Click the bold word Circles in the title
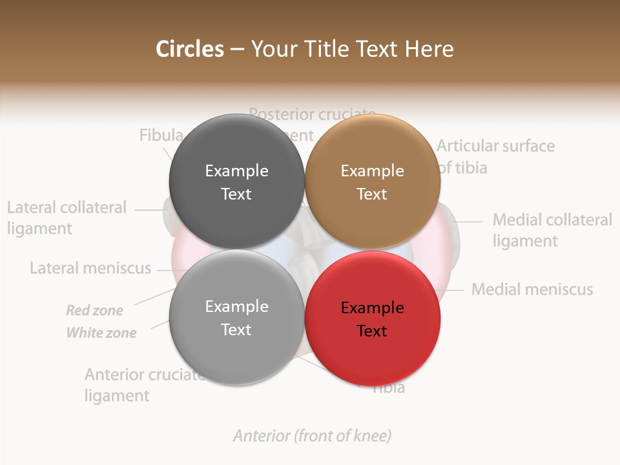pyautogui.click(x=190, y=49)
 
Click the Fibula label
pyautogui.click(x=161, y=135)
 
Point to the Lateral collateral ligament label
pyautogui.click(x=67, y=218)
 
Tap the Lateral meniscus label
pyautogui.click(x=90, y=268)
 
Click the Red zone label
pyautogui.click(x=94, y=311)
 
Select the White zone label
pyautogui.click(x=101, y=333)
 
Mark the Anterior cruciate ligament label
pyautogui.click(x=143, y=385)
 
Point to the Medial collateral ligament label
pyautogui.click(x=552, y=230)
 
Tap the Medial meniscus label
pyautogui.click(x=532, y=289)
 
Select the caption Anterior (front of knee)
pyautogui.click(x=312, y=436)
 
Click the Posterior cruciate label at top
pyautogui.click(x=312, y=114)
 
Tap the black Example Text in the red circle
pyautogui.click(x=372, y=319)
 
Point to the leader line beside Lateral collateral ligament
pyautogui.click(x=150, y=209)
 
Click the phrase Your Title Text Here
pyautogui.click(x=352, y=49)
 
